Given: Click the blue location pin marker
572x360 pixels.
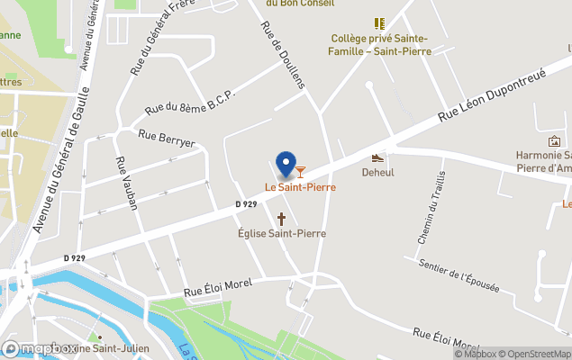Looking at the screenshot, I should click(x=286, y=164).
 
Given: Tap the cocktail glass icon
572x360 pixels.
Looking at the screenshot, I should click(x=301, y=171).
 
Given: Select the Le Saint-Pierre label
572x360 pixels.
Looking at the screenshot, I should click(x=300, y=187).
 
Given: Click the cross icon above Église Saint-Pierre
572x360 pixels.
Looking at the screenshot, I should click(x=281, y=219).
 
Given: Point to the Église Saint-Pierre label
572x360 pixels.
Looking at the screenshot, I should click(x=282, y=234).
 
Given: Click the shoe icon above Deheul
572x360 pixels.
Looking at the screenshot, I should click(x=378, y=157).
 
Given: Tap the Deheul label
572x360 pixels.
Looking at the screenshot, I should click(x=378, y=172).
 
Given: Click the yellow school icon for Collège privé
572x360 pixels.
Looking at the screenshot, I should click(x=379, y=23).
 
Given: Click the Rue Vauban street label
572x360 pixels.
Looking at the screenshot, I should click(x=126, y=184).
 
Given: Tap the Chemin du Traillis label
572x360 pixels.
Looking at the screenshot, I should click(x=431, y=207).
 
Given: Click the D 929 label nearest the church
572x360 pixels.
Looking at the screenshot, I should click(x=248, y=204).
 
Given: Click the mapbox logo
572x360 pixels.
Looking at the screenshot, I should click(x=41, y=347).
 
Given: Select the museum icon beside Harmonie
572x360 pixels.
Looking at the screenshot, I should click(x=554, y=142).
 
